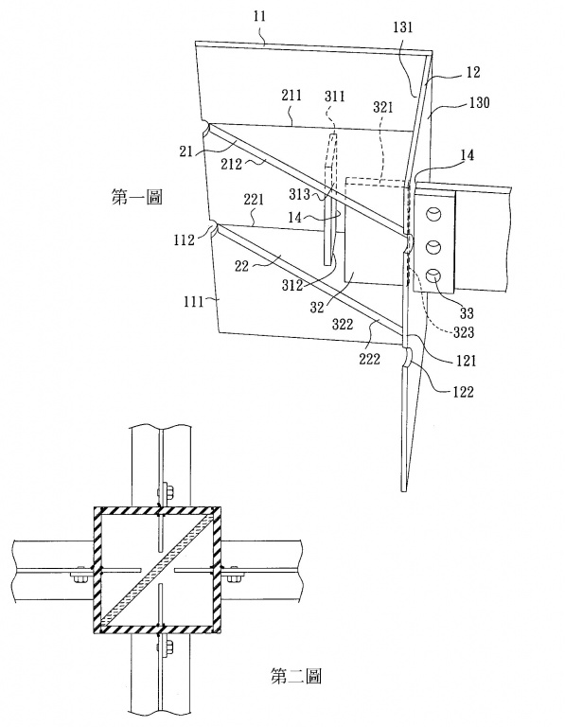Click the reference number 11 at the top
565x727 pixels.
click(260, 16)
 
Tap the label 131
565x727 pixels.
click(403, 27)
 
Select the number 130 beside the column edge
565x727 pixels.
click(479, 102)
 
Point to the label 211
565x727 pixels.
click(291, 96)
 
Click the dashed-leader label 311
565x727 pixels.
click(335, 96)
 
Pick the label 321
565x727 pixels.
click(383, 108)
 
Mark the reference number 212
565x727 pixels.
click(231, 163)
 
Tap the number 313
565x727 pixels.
click(299, 193)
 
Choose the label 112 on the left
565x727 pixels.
click(185, 240)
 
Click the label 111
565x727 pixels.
click(194, 302)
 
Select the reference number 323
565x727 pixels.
click(464, 332)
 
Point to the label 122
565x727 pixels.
click(463, 392)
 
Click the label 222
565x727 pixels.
click(369, 359)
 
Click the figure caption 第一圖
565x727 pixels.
click(136, 198)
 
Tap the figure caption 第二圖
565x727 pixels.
click(295, 677)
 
